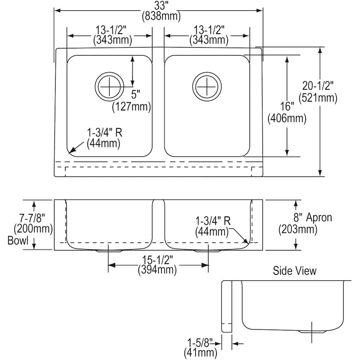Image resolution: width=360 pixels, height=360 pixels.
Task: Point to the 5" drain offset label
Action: [x=136, y=95]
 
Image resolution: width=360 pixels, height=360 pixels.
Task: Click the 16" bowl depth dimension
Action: [x=287, y=107]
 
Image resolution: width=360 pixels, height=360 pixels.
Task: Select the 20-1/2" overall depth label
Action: [x=318, y=86]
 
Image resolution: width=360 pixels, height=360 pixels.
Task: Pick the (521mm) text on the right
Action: [x=318, y=97]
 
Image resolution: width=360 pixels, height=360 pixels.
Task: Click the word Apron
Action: [x=319, y=218]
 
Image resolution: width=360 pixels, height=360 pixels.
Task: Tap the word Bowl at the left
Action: [x=18, y=241]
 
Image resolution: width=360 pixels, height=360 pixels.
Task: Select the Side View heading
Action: [x=294, y=271]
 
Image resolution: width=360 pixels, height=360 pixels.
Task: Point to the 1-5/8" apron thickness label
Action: [x=201, y=342]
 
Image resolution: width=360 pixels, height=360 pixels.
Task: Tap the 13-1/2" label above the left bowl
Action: [x=109, y=30]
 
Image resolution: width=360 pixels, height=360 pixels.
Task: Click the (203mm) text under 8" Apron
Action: [x=298, y=230]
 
